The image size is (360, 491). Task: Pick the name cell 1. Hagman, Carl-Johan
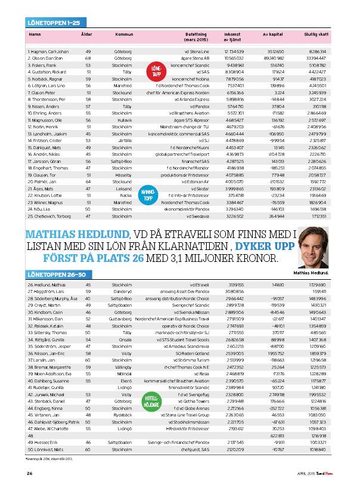click(48, 53)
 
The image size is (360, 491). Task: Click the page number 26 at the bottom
click(29, 474)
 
